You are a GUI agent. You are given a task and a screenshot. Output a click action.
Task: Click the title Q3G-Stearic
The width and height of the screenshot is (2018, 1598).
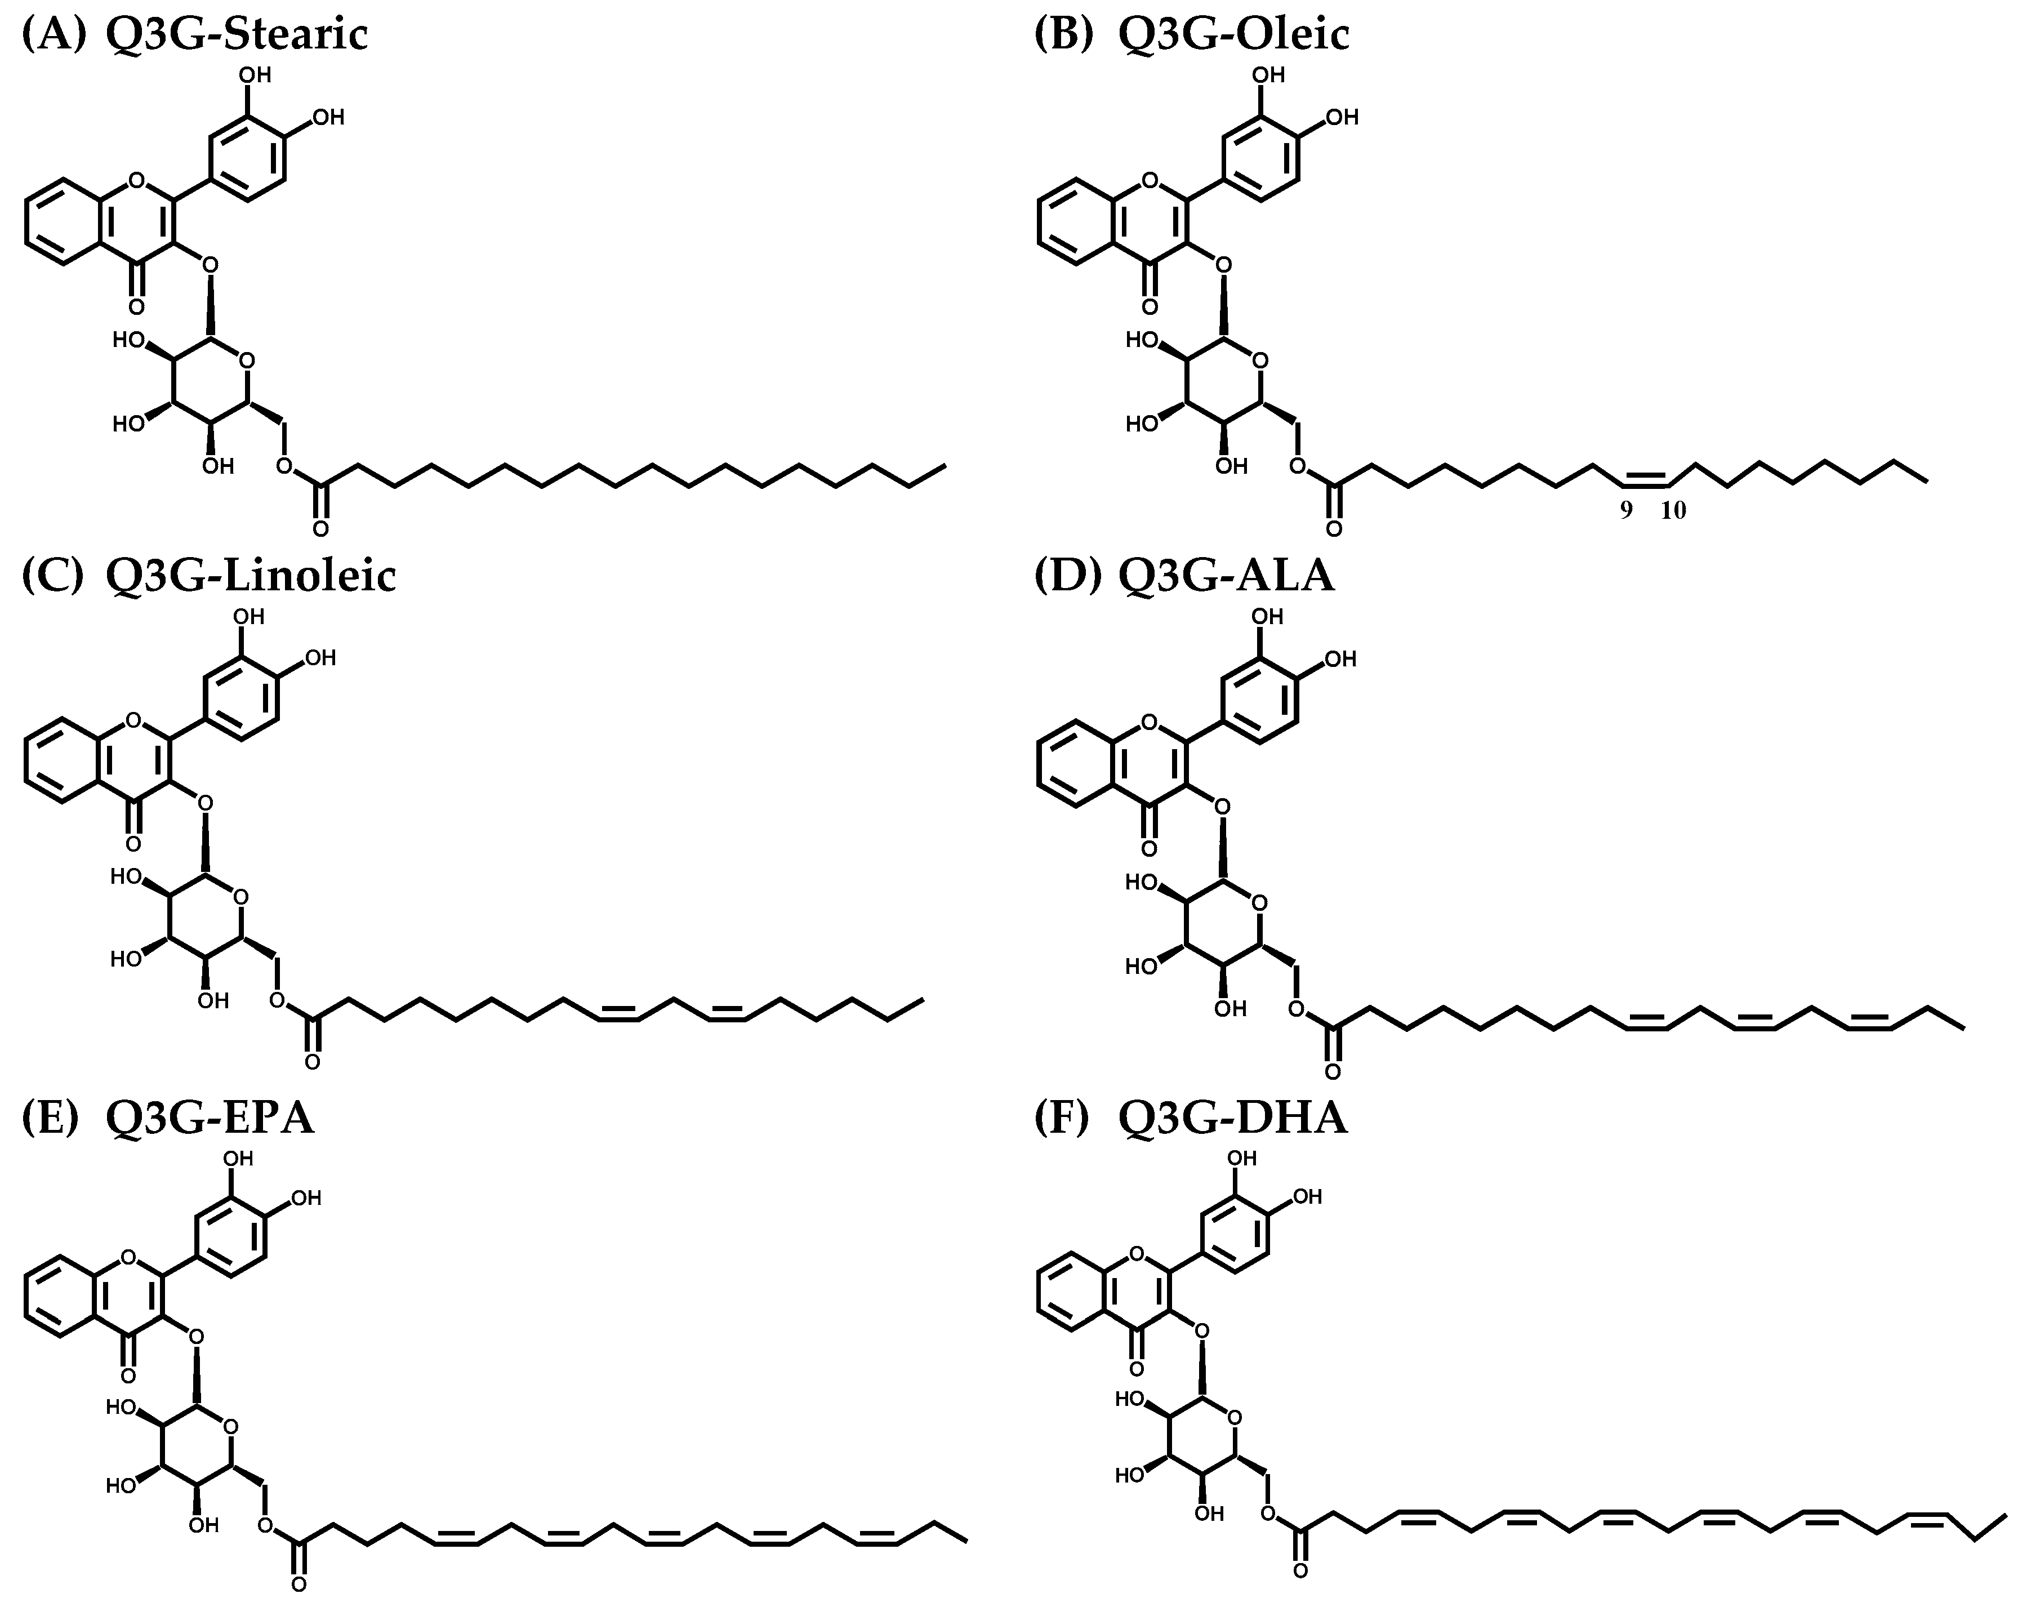pos(237,34)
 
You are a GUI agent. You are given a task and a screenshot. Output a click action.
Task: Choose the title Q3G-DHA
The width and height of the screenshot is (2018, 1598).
pos(1233,1116)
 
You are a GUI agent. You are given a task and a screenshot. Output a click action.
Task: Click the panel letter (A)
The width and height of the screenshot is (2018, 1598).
pos(54,34)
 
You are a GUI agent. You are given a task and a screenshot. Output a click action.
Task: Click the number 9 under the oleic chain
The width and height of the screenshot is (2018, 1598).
pos(1626,510)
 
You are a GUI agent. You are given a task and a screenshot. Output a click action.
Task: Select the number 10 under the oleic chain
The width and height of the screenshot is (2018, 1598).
pos(1673,510)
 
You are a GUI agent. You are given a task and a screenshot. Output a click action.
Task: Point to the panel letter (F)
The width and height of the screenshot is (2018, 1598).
pos(1062,1116)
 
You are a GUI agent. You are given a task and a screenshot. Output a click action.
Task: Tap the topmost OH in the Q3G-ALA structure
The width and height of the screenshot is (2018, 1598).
pos(1268,617)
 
